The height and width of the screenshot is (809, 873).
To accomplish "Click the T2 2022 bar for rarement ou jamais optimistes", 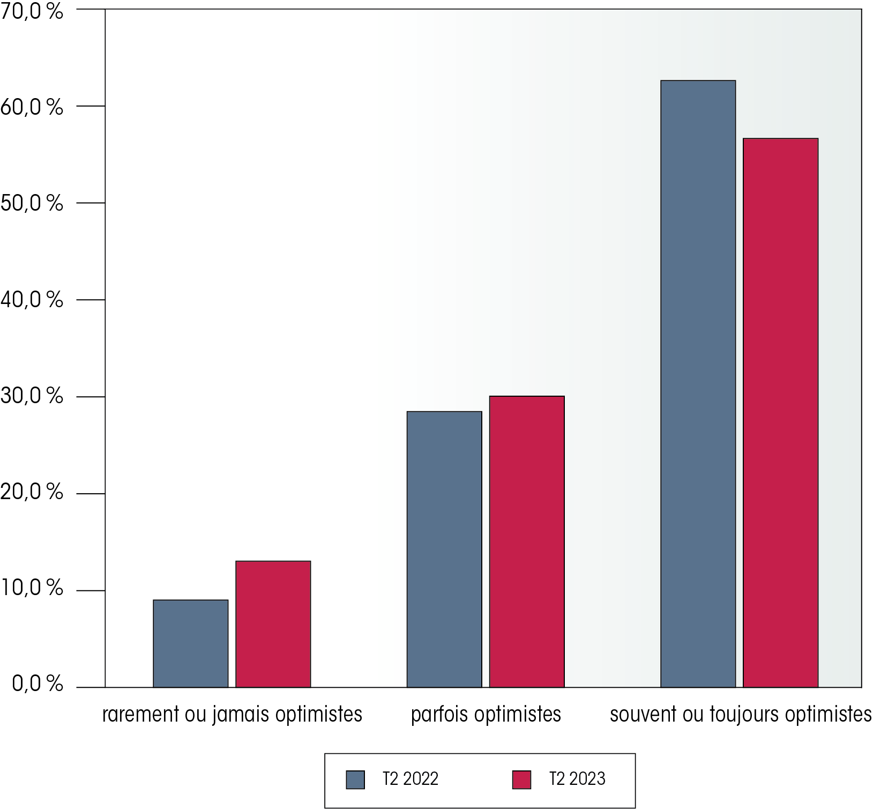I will point(190,643).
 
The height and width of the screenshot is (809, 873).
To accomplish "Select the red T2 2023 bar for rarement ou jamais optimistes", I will point(273,624).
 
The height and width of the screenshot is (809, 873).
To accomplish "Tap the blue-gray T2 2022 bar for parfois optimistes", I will point(444,549).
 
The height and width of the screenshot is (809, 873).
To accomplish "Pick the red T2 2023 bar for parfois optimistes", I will point(526,541).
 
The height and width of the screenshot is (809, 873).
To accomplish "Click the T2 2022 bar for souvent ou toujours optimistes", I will point(698,383).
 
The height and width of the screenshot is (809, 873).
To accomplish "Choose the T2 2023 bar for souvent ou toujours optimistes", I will point(780,412).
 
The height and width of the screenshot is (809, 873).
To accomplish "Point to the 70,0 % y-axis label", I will point(32,12).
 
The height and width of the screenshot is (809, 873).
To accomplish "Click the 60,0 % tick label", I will point(32,107).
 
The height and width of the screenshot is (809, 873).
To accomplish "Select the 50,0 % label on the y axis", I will point(32,204).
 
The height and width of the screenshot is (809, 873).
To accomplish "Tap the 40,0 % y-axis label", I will point(32,300).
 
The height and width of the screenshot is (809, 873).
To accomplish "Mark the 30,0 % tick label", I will point(32,396).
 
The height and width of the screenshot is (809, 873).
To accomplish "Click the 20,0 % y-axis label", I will point(32,492).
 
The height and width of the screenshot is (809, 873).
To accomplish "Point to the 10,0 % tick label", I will point(32,588).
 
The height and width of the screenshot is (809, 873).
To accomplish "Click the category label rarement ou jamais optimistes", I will point(232,715).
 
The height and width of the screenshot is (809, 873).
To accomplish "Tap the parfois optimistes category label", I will point(486,715).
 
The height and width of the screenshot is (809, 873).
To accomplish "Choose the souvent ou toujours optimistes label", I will point(741,715).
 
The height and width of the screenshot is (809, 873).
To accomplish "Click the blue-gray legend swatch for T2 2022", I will point(355,780).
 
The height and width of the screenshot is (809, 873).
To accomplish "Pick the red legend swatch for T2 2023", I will point(521,780).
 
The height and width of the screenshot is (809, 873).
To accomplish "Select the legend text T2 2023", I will point(577,778).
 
